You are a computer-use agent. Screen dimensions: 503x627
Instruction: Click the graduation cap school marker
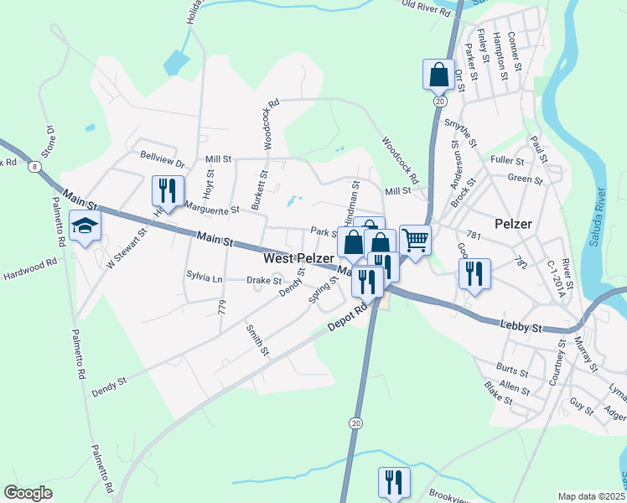tap(85, 226)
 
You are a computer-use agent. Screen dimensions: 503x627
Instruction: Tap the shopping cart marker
tap(415, 240)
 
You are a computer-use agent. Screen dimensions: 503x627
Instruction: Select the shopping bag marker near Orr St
tap(438, 75)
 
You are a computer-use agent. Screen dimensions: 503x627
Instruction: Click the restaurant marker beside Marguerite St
tap(168, 191)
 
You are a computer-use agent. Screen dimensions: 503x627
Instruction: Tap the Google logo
tap(28, 493)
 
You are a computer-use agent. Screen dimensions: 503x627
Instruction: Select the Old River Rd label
tap(427, 5)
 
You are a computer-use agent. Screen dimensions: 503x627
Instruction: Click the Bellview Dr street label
tap(162, 156)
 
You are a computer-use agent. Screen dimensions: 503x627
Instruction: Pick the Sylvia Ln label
tap(205, 277)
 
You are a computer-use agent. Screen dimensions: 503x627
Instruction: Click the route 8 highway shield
tap(33, 167)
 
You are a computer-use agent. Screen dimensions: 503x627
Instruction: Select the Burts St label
tap(511, 369)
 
